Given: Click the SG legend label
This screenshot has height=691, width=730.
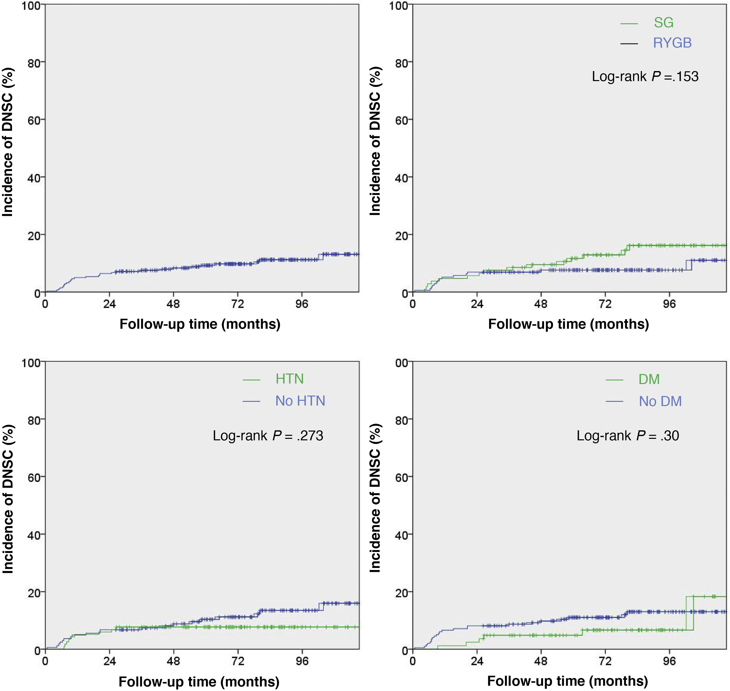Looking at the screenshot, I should click(x=663, y=23).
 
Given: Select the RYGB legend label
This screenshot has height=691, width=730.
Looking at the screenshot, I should click(x=672, y=43).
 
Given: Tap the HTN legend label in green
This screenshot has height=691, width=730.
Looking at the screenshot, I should click(x=290, y=379).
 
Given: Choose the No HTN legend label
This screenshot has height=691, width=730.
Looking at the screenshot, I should click(x=300, y=401).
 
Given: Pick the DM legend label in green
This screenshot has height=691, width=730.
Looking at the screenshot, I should click(x=649, y=379).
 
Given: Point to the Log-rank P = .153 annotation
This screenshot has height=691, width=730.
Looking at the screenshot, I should click(x=645, y=77).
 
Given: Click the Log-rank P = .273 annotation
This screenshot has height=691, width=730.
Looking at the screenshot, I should click(x=268, y=436).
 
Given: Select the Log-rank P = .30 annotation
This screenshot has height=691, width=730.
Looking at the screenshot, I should click(x=628, y=436).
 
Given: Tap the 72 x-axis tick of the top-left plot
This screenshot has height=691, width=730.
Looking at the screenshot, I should click(x=238, y=304).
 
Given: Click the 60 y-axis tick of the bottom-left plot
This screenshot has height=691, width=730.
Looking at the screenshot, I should click(x=35, y=477).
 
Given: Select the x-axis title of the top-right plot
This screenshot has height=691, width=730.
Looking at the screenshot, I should click(x=568, y=324).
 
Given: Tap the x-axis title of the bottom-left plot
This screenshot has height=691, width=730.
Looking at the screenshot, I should click(x=199, y=681).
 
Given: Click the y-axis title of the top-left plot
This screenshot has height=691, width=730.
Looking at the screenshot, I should click(x=8, y=142).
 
